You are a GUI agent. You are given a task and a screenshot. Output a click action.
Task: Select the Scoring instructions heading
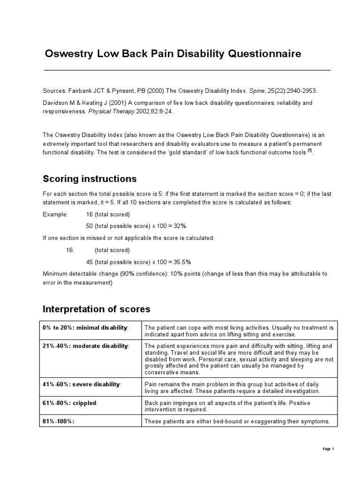(x=90, y=179)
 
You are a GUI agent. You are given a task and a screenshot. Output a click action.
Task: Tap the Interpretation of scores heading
(x=97, y=309)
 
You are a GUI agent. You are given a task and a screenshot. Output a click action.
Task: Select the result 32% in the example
(x=179, y=226)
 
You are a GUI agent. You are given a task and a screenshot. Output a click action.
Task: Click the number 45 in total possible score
(x=90, y=262)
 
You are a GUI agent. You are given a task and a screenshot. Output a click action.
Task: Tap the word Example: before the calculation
(x=55, y=214)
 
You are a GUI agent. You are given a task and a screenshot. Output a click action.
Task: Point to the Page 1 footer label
(x=328, y=449)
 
